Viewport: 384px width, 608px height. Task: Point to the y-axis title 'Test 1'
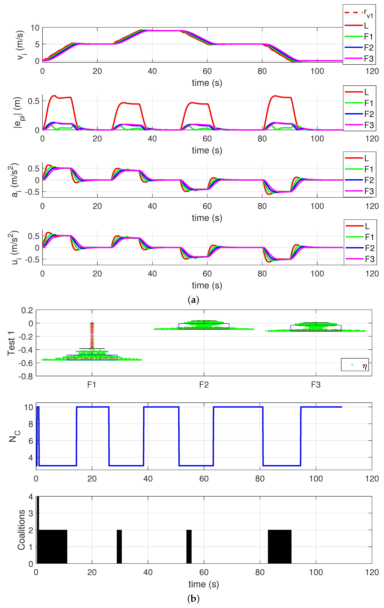point(11,343)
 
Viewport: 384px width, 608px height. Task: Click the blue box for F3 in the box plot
point(316,328)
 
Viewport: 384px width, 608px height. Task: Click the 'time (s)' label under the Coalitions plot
point(203,584)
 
